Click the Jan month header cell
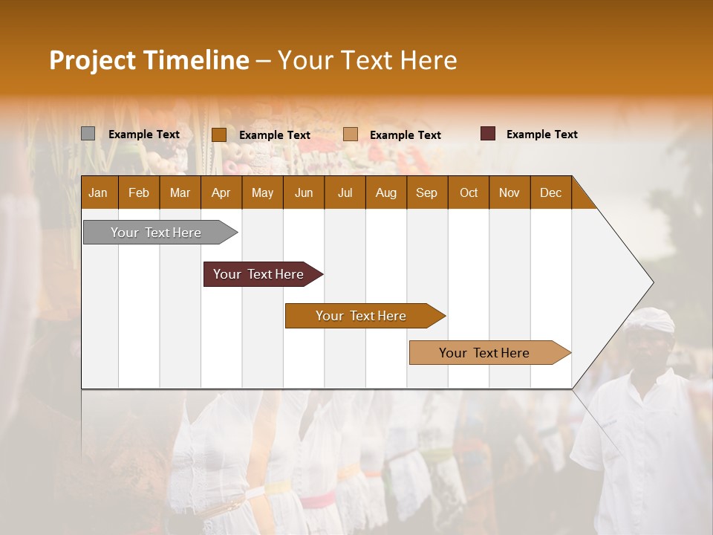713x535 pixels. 99,192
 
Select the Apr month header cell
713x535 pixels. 221,192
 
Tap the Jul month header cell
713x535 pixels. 345,192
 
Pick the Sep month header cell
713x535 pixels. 426,192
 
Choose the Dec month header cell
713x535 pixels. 550,192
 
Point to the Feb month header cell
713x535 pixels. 139,192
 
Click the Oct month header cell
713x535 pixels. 468,192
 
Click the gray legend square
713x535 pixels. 88,134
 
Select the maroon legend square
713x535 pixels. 487,134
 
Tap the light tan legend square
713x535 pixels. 351,134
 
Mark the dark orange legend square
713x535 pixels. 218,134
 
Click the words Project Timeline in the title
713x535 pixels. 149,60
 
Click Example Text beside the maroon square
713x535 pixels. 541,134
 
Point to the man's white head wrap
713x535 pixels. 649,320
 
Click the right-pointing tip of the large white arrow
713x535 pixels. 651,282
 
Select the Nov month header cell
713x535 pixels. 509,192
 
